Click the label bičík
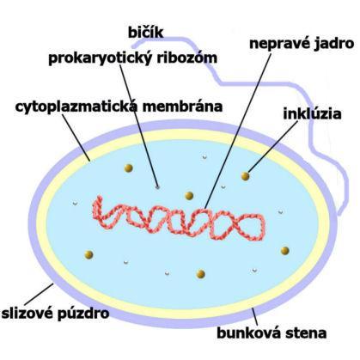pyautogui.click(x=145, y=32)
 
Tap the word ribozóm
pyautogui.click(x=187, y=58)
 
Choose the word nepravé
pyautogui.click(x=278, y=44)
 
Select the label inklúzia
pyautogui.click(x=312, y=113)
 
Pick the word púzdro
pyautogui.click(x=83, y=314)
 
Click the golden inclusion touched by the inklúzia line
pyautogui.click(x=245, y=176)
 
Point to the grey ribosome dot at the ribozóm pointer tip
pyautogui.click(x=157, y=187)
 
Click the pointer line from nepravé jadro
pyautogui.click(x=238, y=131)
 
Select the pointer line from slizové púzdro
pyautogui.click(x=39, y=295)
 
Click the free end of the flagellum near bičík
pyautogui.click(x=133, y=46)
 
